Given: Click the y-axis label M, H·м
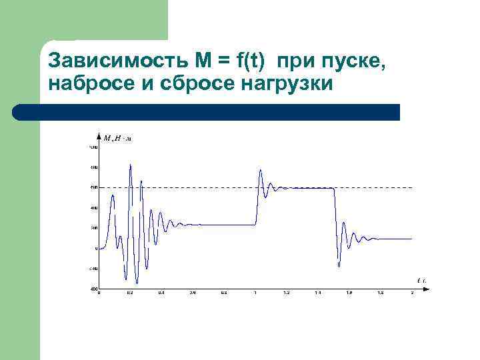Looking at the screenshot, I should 117,139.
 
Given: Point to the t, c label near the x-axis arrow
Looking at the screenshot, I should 421,281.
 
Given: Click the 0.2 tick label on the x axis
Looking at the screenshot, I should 130,293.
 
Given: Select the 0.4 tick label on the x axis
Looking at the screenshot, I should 161,293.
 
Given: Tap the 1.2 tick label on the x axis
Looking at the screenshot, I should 287,293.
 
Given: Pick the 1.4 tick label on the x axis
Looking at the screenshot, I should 318,293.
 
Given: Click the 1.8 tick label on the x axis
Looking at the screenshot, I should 381,293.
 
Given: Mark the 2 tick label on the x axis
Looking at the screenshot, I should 413,293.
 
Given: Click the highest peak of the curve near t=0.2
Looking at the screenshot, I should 131,165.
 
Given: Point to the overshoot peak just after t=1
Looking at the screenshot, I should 260,171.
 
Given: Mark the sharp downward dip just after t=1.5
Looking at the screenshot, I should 339,265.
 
